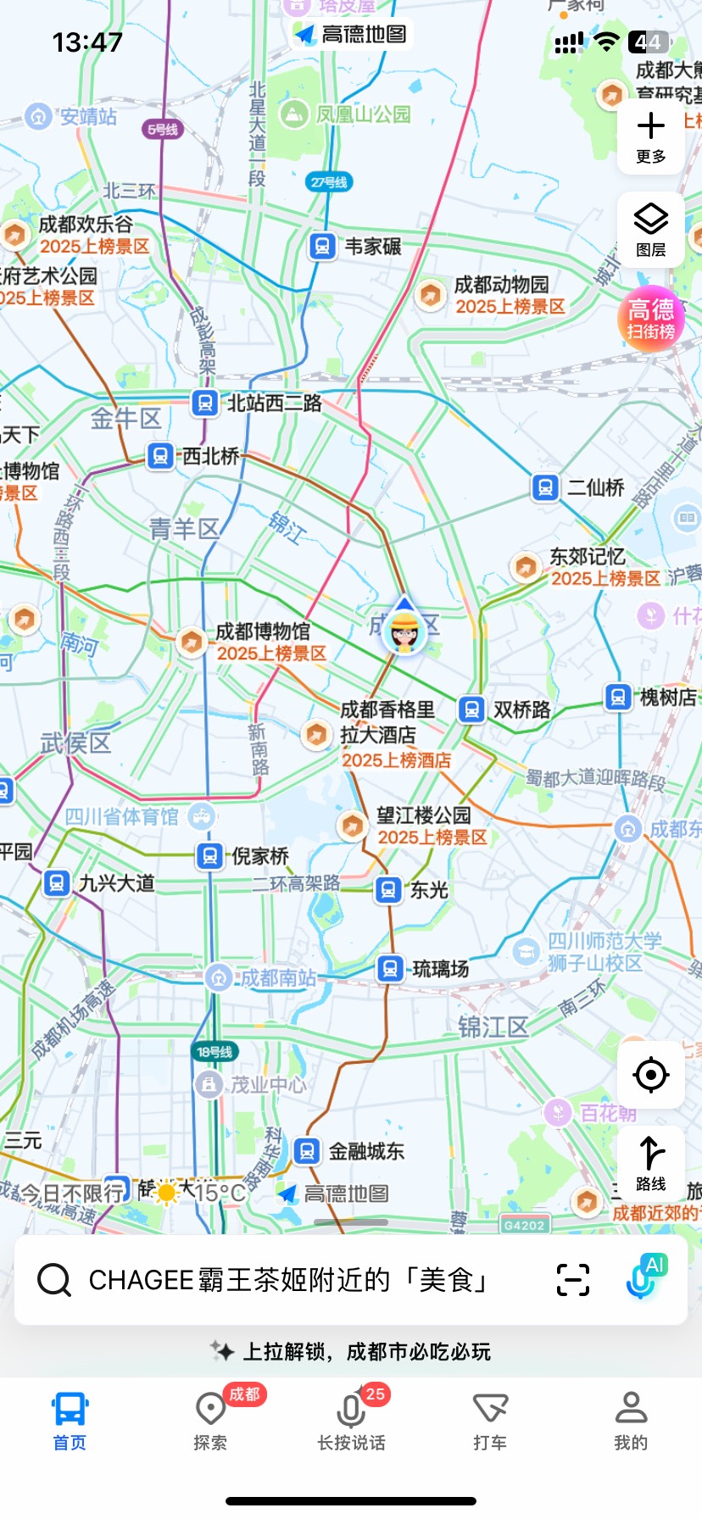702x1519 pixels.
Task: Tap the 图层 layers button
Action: [x=650, y=229]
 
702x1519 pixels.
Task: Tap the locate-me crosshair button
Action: [x=650, y=1075]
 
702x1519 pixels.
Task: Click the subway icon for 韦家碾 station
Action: [x=321, y=247]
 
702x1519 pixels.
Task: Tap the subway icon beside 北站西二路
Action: [x=204, y=403]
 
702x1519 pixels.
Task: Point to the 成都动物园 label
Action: [x=501, y=285]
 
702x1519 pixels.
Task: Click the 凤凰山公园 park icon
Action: [x=294, y=114]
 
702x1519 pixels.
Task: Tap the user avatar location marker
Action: [x=404, y=631]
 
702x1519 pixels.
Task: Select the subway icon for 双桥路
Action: [x=471, y=709]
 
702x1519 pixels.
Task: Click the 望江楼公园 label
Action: [x=423, y=815]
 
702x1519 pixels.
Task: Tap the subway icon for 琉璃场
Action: [x=390, y=968]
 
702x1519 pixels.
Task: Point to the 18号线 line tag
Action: [x=214, y=1052]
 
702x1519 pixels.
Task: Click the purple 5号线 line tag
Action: [x=162, y=130]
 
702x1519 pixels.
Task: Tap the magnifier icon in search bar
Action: [x=54, y=1280]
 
